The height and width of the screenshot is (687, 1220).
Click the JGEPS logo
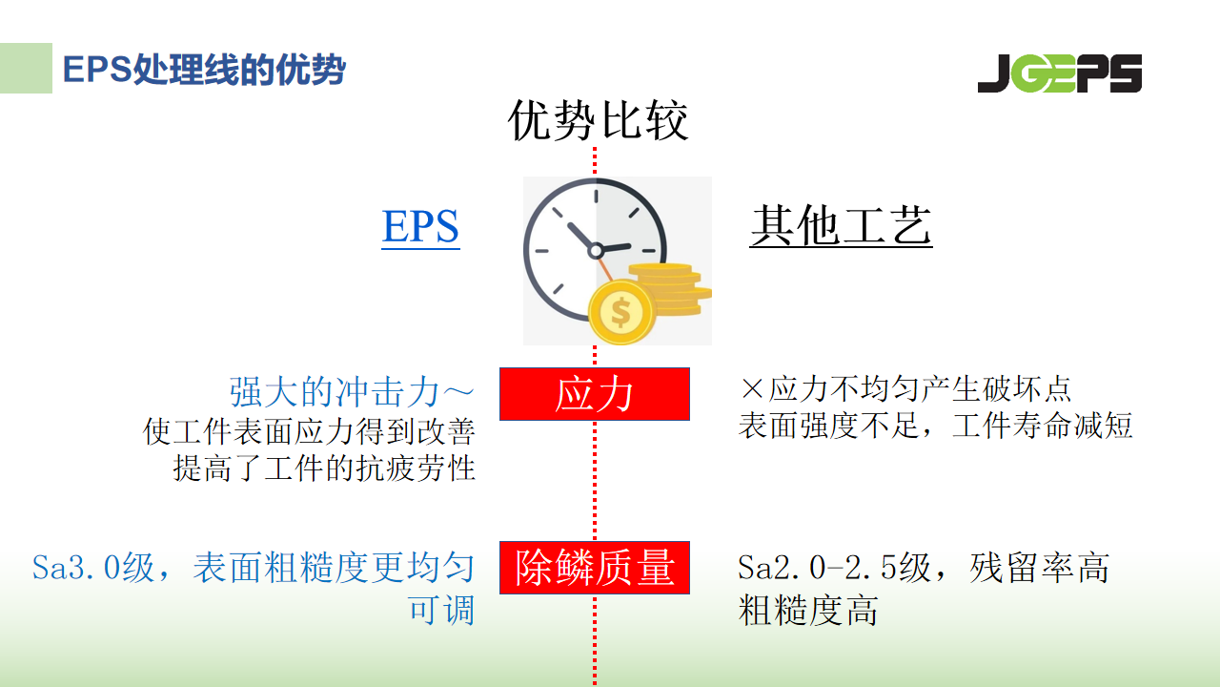[1059, 73]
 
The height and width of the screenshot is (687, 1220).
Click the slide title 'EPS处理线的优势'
[204, 70]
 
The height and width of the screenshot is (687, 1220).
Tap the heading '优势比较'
[598, 120]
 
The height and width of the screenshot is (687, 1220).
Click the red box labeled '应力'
[594, 394]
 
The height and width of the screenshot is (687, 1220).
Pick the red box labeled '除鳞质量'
[594, 568]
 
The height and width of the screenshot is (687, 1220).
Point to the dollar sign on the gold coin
[620, 312]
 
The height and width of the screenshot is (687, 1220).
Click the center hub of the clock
[596, 250]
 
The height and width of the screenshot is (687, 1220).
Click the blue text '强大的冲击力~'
[352, 392]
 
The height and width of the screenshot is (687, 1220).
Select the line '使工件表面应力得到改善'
[309, 431]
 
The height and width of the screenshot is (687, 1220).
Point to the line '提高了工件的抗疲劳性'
[324, 468]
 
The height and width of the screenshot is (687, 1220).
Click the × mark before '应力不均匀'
[752, 389]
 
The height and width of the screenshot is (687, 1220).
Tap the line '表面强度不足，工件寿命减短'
[936, 426]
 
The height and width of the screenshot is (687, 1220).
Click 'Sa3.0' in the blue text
[75, 568]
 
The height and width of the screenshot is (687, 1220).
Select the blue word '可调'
[441, 610]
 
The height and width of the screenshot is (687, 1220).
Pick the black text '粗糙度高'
[808, 610]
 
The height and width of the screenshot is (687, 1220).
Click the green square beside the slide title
[26, 68]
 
